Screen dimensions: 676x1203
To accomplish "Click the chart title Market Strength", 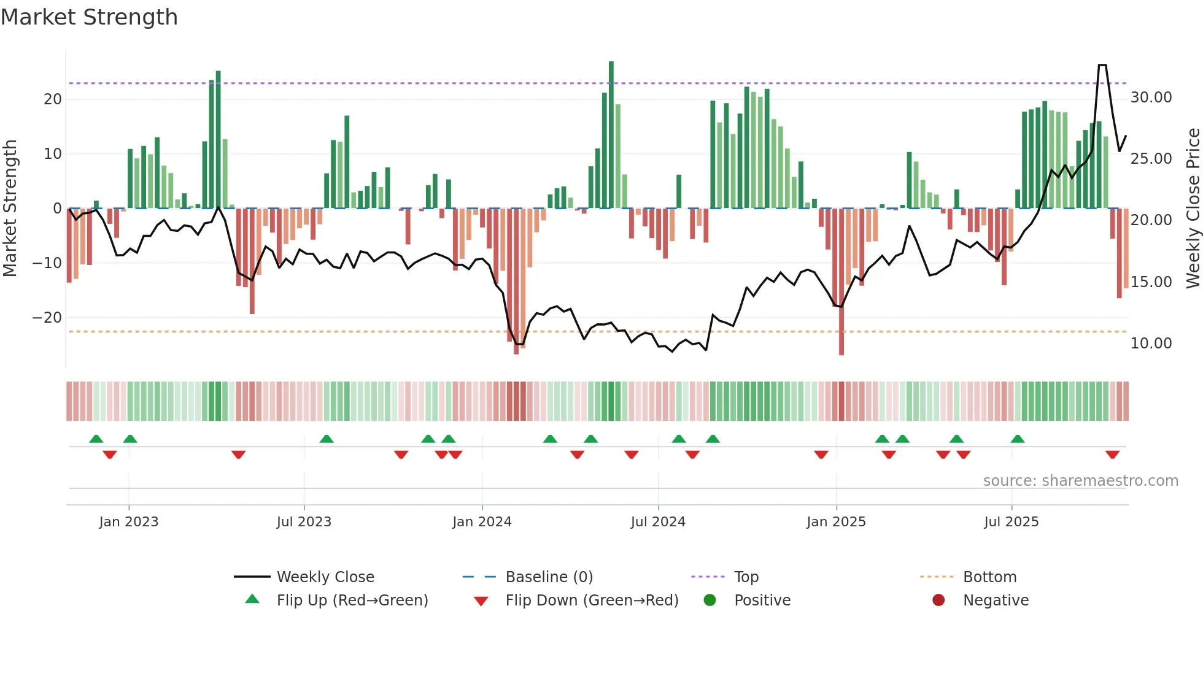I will coord(89,17).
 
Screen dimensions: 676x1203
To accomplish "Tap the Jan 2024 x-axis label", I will coord(482,522).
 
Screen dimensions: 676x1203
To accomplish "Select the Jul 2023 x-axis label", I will coord(304,522).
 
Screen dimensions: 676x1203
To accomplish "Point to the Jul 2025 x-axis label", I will coord(1011,522).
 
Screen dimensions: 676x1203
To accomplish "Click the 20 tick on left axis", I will coord(53,99).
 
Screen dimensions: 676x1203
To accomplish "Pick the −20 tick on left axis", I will coord(47,318).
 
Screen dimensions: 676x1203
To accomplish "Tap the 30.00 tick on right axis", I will coord(1151,98).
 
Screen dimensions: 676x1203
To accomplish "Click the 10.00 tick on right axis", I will coord(1151,344).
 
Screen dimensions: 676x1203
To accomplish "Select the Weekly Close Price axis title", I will coord(1193,208).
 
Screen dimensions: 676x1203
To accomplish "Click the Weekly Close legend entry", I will coord(325,577).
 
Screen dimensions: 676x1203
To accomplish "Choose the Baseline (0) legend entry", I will coord(549,577).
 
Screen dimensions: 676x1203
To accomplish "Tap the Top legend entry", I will coord(746,577).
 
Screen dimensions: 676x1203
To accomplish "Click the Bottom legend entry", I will coord(989,577).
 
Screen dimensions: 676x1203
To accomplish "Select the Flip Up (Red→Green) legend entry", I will coord(352,601).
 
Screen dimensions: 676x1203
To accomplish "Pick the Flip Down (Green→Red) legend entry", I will coord(592,601).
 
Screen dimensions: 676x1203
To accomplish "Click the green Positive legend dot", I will coord(710,601).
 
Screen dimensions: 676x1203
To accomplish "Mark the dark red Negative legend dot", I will coord(938,601).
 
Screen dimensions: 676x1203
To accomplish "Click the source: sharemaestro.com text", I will coord(1080,481).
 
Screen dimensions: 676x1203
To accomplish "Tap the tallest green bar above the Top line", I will coord(611,135).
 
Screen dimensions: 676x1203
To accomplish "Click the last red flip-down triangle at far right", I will coord(1112,455).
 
